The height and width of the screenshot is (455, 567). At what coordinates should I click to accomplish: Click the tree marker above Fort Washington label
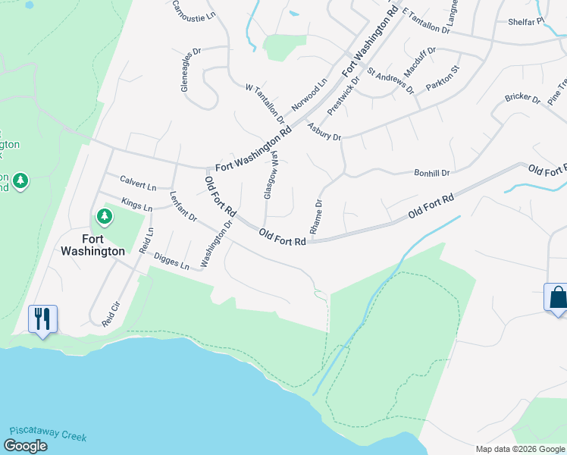point(105,218)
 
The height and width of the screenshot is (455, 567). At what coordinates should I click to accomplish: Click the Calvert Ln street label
point(138,183)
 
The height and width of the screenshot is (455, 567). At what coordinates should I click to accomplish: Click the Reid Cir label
point(111,312)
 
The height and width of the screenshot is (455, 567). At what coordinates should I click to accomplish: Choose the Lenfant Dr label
point(183,206)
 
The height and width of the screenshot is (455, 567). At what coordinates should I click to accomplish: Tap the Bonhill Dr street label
point(432,173)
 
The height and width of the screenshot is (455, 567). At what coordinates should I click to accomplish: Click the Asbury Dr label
point(324,132)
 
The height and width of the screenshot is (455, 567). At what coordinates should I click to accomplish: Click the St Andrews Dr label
point(390,80)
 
